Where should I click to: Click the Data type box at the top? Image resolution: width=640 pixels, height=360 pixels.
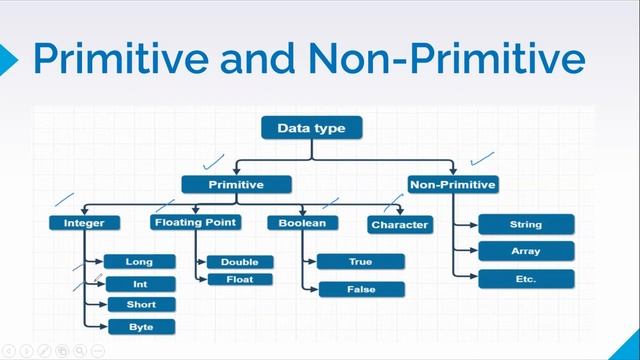311,128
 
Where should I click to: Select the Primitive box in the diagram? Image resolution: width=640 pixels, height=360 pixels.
236,185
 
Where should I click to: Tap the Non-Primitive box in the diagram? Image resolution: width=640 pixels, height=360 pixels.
453,184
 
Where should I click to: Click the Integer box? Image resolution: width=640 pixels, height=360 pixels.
84,223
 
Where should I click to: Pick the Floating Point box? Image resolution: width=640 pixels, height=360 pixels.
194,222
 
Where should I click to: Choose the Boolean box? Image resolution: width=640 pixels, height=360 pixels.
302,223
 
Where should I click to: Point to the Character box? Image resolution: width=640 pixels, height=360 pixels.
399,225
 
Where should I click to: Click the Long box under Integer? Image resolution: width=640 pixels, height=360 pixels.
139,262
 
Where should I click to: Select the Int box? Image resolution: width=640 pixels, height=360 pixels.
139,284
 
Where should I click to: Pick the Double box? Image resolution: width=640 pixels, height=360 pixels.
239,262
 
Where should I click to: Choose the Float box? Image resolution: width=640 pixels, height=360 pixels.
239,280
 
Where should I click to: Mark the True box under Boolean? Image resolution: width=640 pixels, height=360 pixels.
361,262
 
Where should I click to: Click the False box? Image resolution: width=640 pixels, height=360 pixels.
361,289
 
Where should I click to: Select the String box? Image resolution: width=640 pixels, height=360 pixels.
525,225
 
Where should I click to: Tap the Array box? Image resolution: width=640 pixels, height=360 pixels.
525,251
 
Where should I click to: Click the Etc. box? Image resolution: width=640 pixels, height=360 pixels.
525,279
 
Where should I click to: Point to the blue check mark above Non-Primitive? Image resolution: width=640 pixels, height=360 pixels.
482,158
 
